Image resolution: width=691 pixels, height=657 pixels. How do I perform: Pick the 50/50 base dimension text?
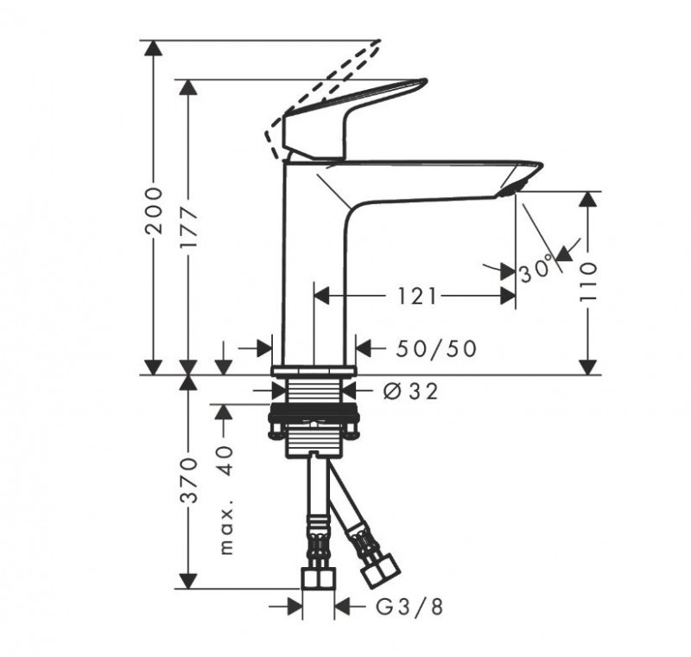click(x=436, y=348)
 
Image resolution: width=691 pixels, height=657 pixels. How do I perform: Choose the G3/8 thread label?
click(x=410, y=607)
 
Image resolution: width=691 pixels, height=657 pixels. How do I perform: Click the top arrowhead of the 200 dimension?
click(x=154, y=48)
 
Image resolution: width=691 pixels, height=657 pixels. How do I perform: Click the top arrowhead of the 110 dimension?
click(x=587, y=198)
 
